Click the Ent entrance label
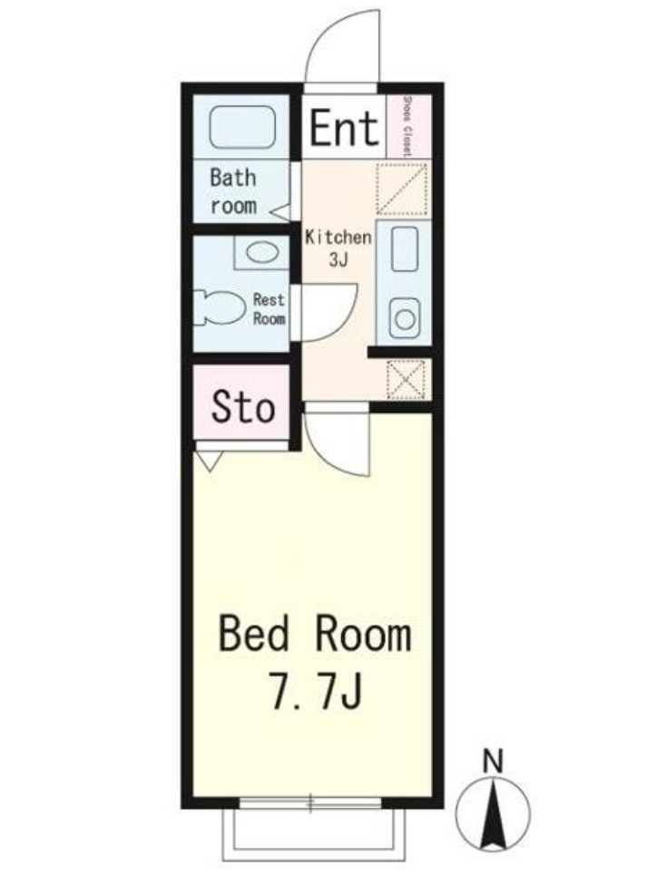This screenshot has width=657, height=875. (x=344, y=128)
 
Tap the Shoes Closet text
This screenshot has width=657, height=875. (x=407, y=127)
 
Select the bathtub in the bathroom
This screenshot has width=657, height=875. (x=242, y=128)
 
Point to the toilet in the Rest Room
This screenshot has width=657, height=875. (x=221, y=307)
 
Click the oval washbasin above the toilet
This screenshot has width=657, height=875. (x=262, y=253)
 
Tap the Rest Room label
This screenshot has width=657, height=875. (x=269, y=309)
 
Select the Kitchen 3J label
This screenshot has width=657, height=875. (x=338, y=248)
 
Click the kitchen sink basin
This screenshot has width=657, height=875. (x=404, y=249)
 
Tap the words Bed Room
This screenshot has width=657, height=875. (x=315, y=634)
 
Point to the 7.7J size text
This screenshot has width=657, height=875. (x=317, y=690)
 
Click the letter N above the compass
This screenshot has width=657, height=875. (x=493, y=761)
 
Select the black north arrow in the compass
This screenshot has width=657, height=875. (x=493, y=817)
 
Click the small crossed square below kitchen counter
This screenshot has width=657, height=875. (x=406, y=379)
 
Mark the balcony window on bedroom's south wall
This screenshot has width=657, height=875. (x=310, y=803)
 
